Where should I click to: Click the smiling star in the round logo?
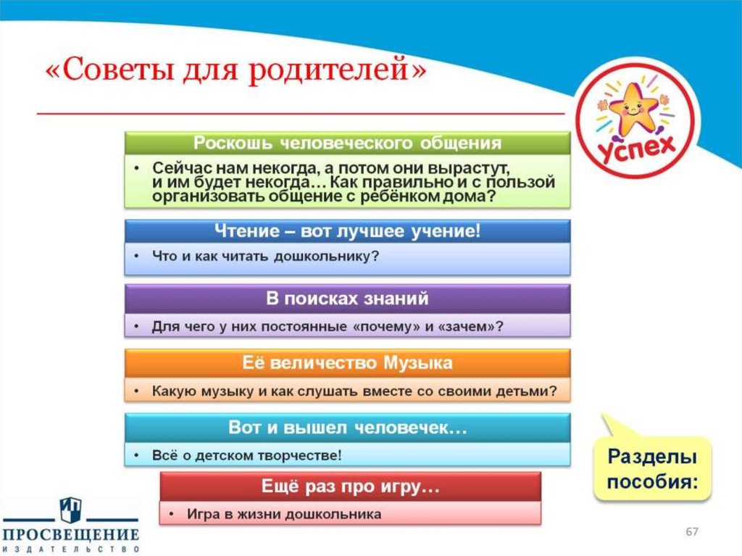(x=633, y=107)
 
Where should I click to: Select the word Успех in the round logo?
(x=636, y=147)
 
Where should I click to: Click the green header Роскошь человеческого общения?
(x=347, y=143)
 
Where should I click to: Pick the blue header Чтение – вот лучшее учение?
(x=347, y=231)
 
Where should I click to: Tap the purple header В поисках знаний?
(x=347, y=299)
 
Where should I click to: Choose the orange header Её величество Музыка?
(x=347, y=363)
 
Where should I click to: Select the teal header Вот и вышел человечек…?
(x=347, y=428)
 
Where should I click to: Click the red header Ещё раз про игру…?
(x=350, y=486)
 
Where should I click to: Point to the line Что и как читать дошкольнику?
(x=265, y=256)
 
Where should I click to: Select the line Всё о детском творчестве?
(x=246, y=455)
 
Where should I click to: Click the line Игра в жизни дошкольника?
(x=284, y=514)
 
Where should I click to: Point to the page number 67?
(x=692, y=531)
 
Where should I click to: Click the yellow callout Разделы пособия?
(x=653, y=469)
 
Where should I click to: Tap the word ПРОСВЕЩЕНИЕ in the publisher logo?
(x=71, y=535)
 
